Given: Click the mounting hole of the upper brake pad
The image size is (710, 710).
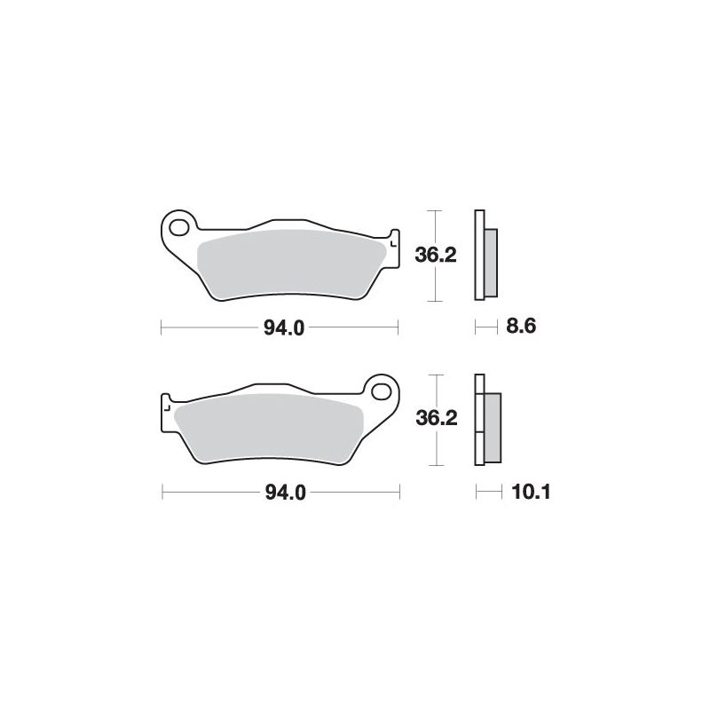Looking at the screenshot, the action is (179, 227).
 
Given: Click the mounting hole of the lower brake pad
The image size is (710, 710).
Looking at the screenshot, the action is (382, 391).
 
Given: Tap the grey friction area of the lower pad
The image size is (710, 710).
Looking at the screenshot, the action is (269, 428).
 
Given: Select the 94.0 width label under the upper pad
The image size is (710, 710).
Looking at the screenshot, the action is (284, 327).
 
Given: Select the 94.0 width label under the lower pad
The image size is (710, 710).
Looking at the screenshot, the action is (286, 493).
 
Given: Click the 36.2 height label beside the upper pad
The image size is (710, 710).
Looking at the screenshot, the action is (436, 256).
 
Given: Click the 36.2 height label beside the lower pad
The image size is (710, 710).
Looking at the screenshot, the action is (437, 418).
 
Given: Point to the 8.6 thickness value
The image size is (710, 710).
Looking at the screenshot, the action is (521, 326).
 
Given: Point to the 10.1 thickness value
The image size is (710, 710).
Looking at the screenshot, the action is (531, 492).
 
